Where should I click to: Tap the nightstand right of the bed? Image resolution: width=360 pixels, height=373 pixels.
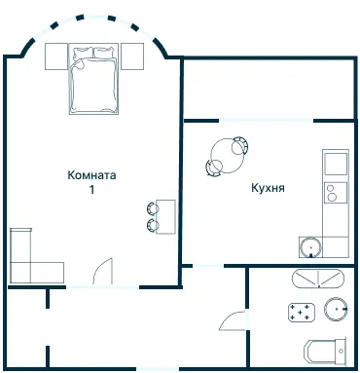(131, 56)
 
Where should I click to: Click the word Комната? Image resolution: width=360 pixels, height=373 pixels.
(92, 176)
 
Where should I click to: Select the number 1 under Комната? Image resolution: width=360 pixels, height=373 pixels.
(92, 190)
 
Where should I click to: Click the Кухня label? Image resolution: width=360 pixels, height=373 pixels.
(267, 189)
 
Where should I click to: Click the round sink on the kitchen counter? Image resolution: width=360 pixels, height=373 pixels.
(310, 246)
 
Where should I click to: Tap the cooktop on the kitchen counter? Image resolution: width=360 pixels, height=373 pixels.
(335, 192)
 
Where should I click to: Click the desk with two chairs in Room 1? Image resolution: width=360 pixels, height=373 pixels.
(166, 215)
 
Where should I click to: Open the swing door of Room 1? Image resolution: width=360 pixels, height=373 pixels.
(104, 271)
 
